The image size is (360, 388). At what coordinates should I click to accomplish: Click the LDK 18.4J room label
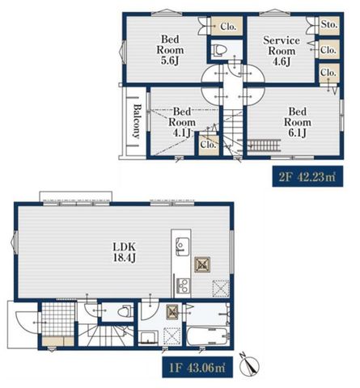click(125, 252)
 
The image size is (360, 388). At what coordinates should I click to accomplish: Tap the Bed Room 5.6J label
click(170, 50)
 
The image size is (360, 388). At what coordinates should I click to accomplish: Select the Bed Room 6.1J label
click(298, 122)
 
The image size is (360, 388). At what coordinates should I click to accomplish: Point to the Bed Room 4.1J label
click(182, 122)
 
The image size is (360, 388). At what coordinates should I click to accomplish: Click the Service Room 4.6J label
click(282, 51)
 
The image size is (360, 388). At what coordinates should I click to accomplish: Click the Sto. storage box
click(329, 25)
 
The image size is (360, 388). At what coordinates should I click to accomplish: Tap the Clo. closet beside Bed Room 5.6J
click(227, 26)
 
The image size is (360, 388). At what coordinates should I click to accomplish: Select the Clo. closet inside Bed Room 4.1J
click(209, 145)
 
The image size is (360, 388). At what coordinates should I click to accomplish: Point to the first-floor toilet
click(125, 312)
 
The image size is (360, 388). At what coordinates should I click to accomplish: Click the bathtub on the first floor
click(208, 336)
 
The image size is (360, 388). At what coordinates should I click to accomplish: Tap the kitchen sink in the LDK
click(182, 247)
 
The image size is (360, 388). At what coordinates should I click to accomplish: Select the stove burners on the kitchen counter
click(182, 286)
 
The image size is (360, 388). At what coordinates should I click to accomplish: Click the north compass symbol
click(249, 365)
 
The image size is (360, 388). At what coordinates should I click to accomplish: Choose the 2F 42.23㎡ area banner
click(307, 177)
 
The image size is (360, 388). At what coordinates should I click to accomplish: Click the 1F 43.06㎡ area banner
click(197, 367)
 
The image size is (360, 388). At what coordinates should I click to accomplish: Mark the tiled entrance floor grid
click(58, 319)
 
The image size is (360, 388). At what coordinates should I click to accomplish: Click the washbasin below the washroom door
click(148, 338)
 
